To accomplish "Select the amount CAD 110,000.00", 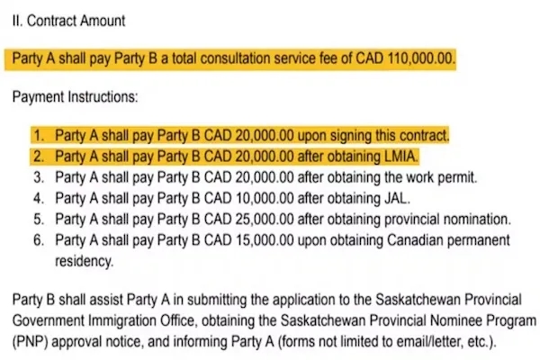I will click(x=409, y=60).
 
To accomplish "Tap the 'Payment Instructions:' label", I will click(x=75, y=95).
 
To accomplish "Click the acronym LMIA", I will click(x=397, y=157).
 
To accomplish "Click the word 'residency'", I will click(x=85, y=262).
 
